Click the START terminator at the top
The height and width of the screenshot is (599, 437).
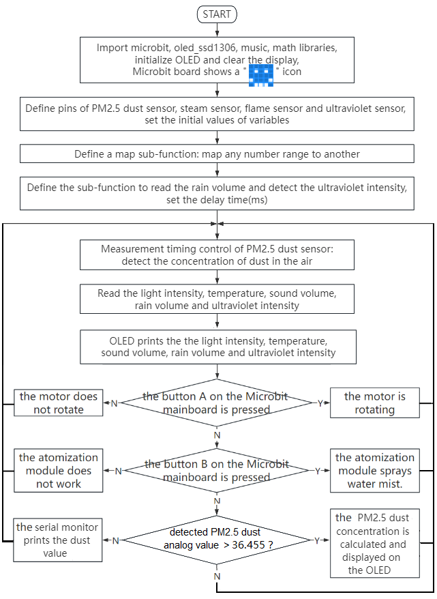tap(217, 14)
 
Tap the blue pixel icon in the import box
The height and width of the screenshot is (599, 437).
tap(261, 75)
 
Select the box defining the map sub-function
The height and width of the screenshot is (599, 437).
tap(217, 154)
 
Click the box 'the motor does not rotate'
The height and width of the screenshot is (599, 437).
tap(59, 403)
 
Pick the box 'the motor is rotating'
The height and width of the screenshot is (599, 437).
tap(375, 403)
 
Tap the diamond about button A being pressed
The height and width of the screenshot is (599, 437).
tap(217, 403)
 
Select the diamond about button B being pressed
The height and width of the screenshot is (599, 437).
tap(217, 471)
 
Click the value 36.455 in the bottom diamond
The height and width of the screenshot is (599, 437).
tap(248, 545)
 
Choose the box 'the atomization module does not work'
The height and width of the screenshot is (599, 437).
tap(59, 470)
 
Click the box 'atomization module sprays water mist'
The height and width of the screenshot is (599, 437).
tap(375, 470)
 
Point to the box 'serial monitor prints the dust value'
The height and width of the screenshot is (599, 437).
tap(58, 540)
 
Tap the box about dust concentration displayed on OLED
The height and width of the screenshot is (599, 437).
tap(375, 543)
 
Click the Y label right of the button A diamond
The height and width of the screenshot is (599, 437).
tap(320, 403)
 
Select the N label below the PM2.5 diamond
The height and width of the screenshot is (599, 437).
tap(217, 576)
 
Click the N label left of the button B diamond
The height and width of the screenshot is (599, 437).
tap(119, 471)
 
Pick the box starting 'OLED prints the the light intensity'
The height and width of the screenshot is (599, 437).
tap(218, 347)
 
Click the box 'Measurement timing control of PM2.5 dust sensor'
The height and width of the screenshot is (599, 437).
tap(217, 254)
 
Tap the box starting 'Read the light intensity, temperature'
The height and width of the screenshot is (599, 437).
tap(217, 299)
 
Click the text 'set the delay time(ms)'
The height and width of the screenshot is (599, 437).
tap(217, 200)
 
